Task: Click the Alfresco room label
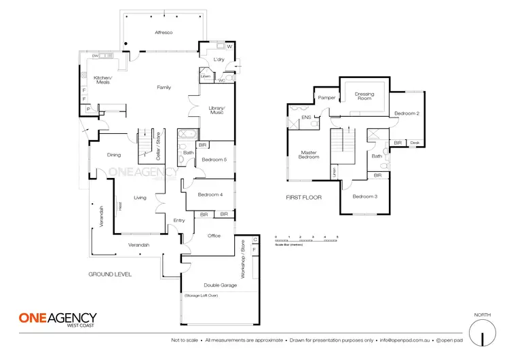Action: [x=164, y=32]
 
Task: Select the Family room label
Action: [x=164, y=88]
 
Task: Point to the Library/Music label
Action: [x=217, y=111]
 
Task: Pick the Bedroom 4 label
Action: [x=210, y=196]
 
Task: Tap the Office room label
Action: [x=214, y=235]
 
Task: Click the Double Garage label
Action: [x=209, y=285]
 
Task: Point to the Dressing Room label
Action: [x=365, y=96]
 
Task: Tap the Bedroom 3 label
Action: [x=365, y=197]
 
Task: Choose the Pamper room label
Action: [x=327, y=98]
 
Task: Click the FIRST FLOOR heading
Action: [x=303, y=197]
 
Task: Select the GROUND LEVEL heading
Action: [x=110, y=274]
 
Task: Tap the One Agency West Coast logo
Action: [x=57, y=320]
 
